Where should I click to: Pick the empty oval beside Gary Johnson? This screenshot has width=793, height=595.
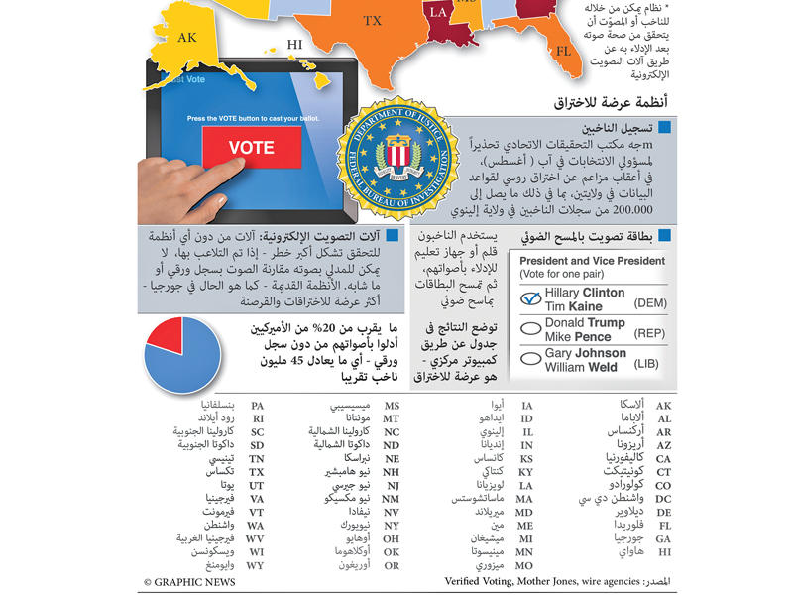[x=530, y=360]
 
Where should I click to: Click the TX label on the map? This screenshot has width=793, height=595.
[x=372, y=20]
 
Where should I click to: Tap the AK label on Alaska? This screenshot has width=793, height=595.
[x=187, y=38]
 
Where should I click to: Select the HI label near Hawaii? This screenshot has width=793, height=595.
[x=294, y=44]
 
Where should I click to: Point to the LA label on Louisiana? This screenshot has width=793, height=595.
[x=437, y=13]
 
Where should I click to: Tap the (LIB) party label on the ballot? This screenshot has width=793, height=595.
[x=647, y=366]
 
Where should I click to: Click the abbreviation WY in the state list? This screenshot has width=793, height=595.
[x=256, y=565]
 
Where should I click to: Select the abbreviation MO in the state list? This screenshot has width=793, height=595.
[x=526, y=565]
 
